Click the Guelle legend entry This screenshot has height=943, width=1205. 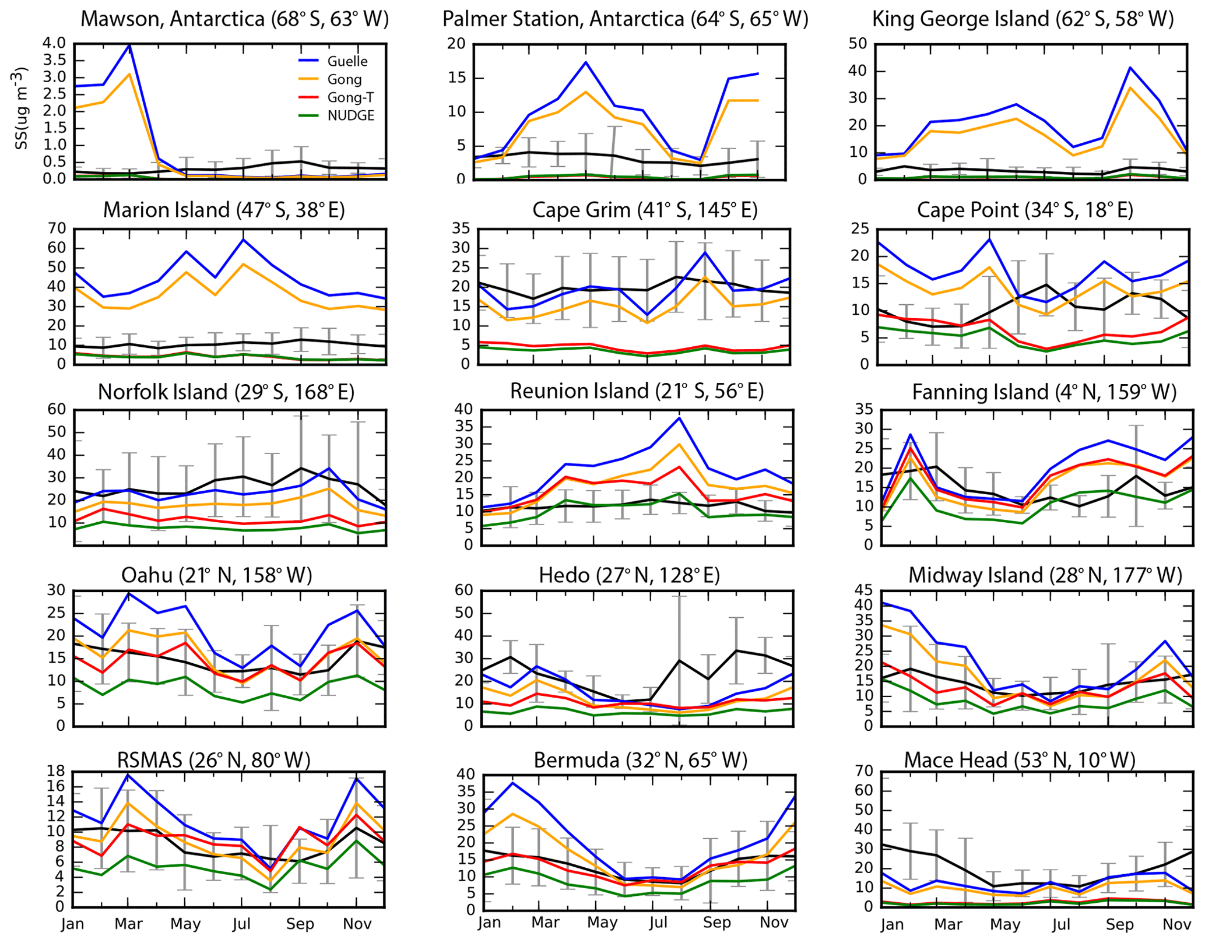pyautogui.click(x=347, y=61)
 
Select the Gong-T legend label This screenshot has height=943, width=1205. pyautogui.click(x=350, y=97)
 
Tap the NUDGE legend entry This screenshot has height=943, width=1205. pyautogui.click(x=350, y=115)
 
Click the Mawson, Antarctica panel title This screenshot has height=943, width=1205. pyautogui.click(x=234, y=19)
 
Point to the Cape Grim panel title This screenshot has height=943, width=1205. pyautogui.click(x=645, y=210)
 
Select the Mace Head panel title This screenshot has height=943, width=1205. pyautogui.click(x=1020, y=760)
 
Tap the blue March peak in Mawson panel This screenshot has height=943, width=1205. pyautogui.click(x=129, y=44)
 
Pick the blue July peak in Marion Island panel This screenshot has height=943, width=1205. pyautogui.click(x=243, y=240)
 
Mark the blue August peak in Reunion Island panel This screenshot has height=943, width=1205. pyautogui.click(x=679, y=418)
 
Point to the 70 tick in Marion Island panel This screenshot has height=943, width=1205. pyautogui.click(x=57, y=228)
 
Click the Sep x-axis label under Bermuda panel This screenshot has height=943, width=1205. pyautogui.click(x=716, y=923)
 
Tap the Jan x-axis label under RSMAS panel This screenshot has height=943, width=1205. pyautogui.click(x=73, y=924)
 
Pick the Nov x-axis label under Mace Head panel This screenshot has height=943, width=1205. pyautogui.click(x=1176, y=924)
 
